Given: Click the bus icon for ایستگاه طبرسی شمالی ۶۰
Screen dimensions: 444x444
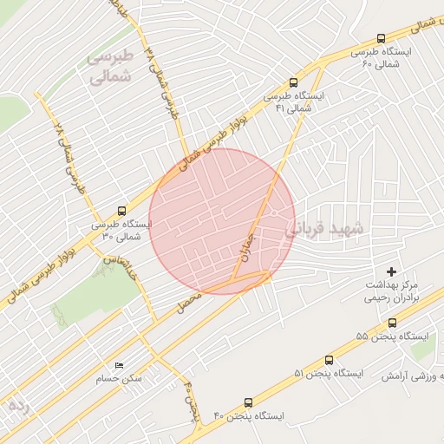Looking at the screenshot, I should click(x=382, y=38).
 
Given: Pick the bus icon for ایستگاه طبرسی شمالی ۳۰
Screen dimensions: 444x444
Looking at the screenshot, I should click(x=121, y=210).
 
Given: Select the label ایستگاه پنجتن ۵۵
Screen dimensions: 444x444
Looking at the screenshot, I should click(x=385, y=336).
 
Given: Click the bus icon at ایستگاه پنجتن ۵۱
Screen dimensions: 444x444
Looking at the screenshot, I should click(x=329, y=360).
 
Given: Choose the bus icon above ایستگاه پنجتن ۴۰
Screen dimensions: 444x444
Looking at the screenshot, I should click(x=249, y=402).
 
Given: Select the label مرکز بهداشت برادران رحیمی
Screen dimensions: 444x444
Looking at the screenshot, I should click(x=392, y=291).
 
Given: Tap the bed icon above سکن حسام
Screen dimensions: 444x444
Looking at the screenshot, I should click(x=119, y=366).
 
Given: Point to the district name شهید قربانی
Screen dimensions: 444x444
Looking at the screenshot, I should click(x=326, y=230).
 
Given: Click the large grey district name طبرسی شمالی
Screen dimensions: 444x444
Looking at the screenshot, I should click(x=112, y=66).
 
